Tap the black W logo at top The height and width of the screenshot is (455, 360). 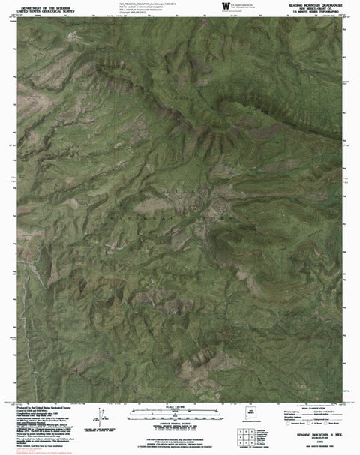click(226, 6)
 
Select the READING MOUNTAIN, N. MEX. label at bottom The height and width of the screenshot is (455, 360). click(311, 433)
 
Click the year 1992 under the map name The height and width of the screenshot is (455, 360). click(311, 439)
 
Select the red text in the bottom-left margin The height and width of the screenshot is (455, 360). click(30, 451)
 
